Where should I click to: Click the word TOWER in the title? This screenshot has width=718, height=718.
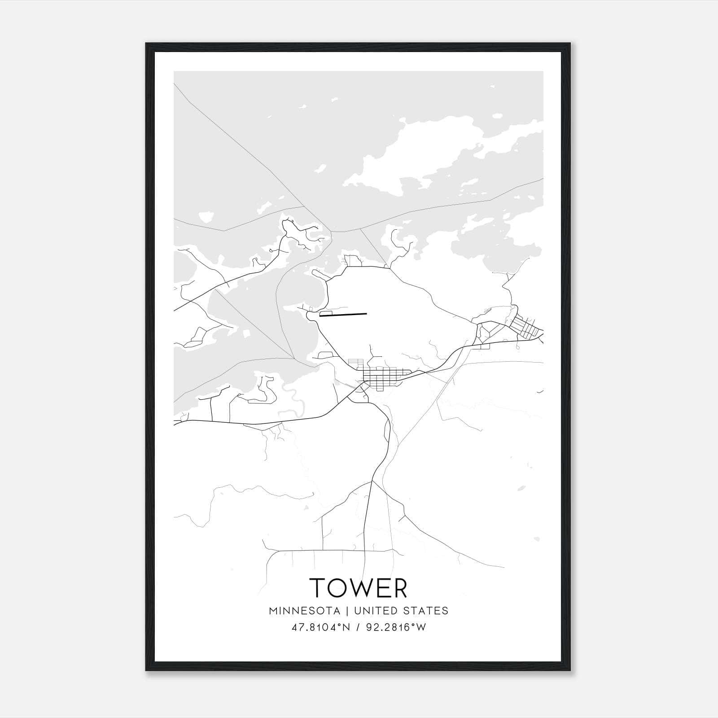[359, 587]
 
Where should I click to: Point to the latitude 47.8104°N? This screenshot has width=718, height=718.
[320, 627]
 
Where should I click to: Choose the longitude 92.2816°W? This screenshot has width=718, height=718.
[396, 627]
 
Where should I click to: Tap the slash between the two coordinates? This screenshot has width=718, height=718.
[358, 627]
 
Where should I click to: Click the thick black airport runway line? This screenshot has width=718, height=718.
[343, 315]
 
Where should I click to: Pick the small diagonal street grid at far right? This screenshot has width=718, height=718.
[525, 326]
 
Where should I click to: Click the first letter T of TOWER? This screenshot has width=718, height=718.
[318, 587]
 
